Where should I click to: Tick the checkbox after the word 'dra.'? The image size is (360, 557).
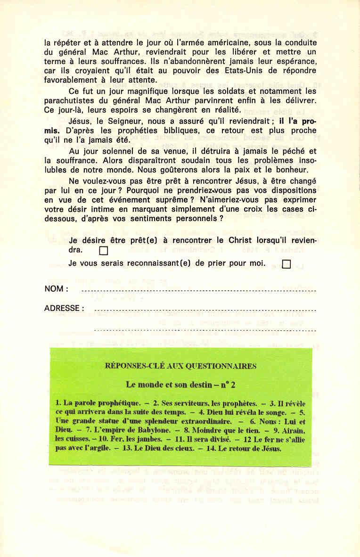(x=104, y=251)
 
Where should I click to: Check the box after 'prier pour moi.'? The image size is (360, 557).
(x=286, y=264)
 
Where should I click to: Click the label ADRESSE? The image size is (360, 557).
(x=64, y=309)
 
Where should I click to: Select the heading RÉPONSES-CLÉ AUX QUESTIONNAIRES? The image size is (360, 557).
(x=181, y=366)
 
